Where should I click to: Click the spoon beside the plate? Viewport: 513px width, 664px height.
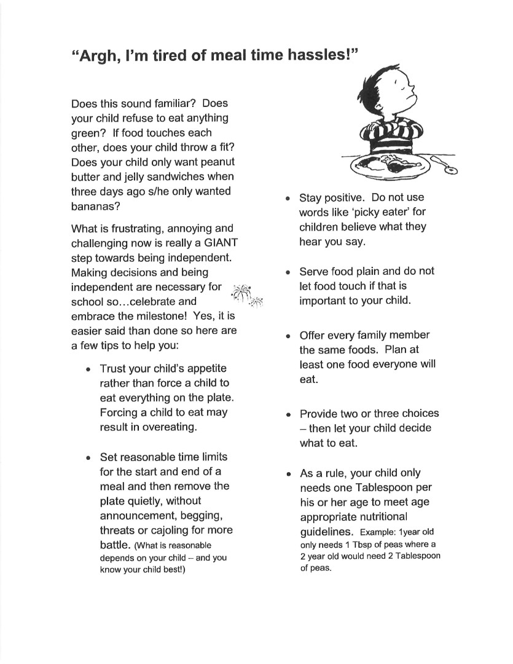click(x=447, y=165)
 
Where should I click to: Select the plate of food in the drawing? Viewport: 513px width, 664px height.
click(x=388, y=167)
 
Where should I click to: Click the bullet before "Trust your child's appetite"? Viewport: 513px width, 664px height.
click(x=89, y=370)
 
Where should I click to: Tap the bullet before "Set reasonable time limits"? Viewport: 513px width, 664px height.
click(x=89, y=458)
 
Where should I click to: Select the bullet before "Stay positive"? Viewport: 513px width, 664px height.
click(x=288, y=199)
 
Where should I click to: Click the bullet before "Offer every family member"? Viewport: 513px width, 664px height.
click(x=288, y=336)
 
